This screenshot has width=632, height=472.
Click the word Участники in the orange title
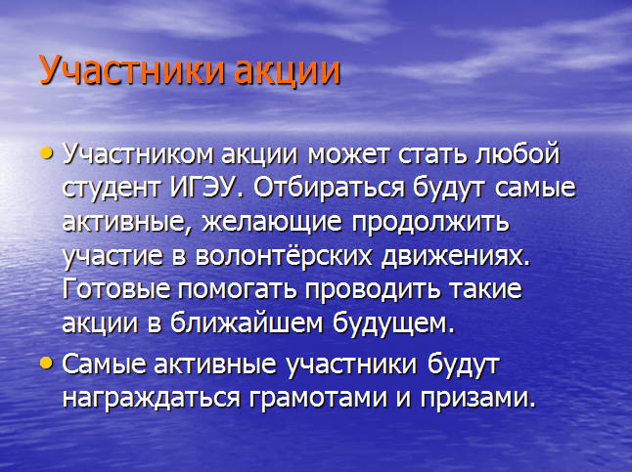coord(132,70)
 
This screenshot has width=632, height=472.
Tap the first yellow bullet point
coord(47,152)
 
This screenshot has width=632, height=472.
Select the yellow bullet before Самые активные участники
coord(47,363)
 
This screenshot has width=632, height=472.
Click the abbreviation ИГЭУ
coord(202,187)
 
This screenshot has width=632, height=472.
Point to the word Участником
coord(137,154)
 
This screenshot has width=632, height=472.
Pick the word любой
coord(518,153)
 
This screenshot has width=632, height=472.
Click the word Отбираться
coord(329,187)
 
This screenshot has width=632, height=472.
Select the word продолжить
coord(430,222)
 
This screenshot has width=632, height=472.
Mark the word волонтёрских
coord(284,255)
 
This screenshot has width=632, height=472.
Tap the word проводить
coord(372,290)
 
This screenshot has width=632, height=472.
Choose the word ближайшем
coord(248,322)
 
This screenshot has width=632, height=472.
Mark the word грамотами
coord(318,399)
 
